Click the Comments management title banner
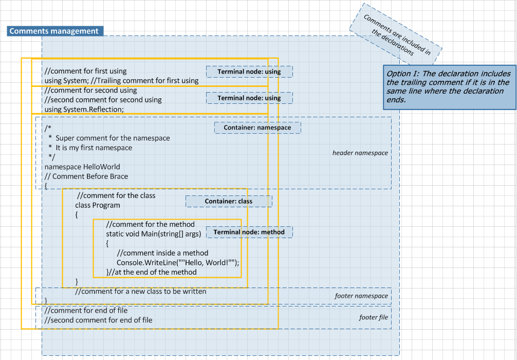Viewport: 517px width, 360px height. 54,31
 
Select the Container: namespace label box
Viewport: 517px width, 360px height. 257,128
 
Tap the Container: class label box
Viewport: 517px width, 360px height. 229,201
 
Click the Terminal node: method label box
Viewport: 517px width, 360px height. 249,232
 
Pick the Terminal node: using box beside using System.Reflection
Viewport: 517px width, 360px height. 249,98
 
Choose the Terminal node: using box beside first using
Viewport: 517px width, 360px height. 249,71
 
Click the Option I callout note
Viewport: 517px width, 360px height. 449,87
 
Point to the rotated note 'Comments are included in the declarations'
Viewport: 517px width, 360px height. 396,34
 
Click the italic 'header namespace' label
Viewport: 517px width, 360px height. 360,153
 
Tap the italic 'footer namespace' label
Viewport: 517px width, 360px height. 361,296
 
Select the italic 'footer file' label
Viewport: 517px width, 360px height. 373,317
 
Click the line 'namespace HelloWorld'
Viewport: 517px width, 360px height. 82,167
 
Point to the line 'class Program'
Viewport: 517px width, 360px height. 98,205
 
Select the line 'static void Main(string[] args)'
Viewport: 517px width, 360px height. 153,234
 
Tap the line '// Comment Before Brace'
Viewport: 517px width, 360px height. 86,176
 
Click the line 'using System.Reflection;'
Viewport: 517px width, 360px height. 84,109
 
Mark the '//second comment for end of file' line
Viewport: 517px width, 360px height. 98,320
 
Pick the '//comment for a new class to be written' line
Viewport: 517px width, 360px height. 140,292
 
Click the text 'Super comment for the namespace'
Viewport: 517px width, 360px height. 113,138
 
